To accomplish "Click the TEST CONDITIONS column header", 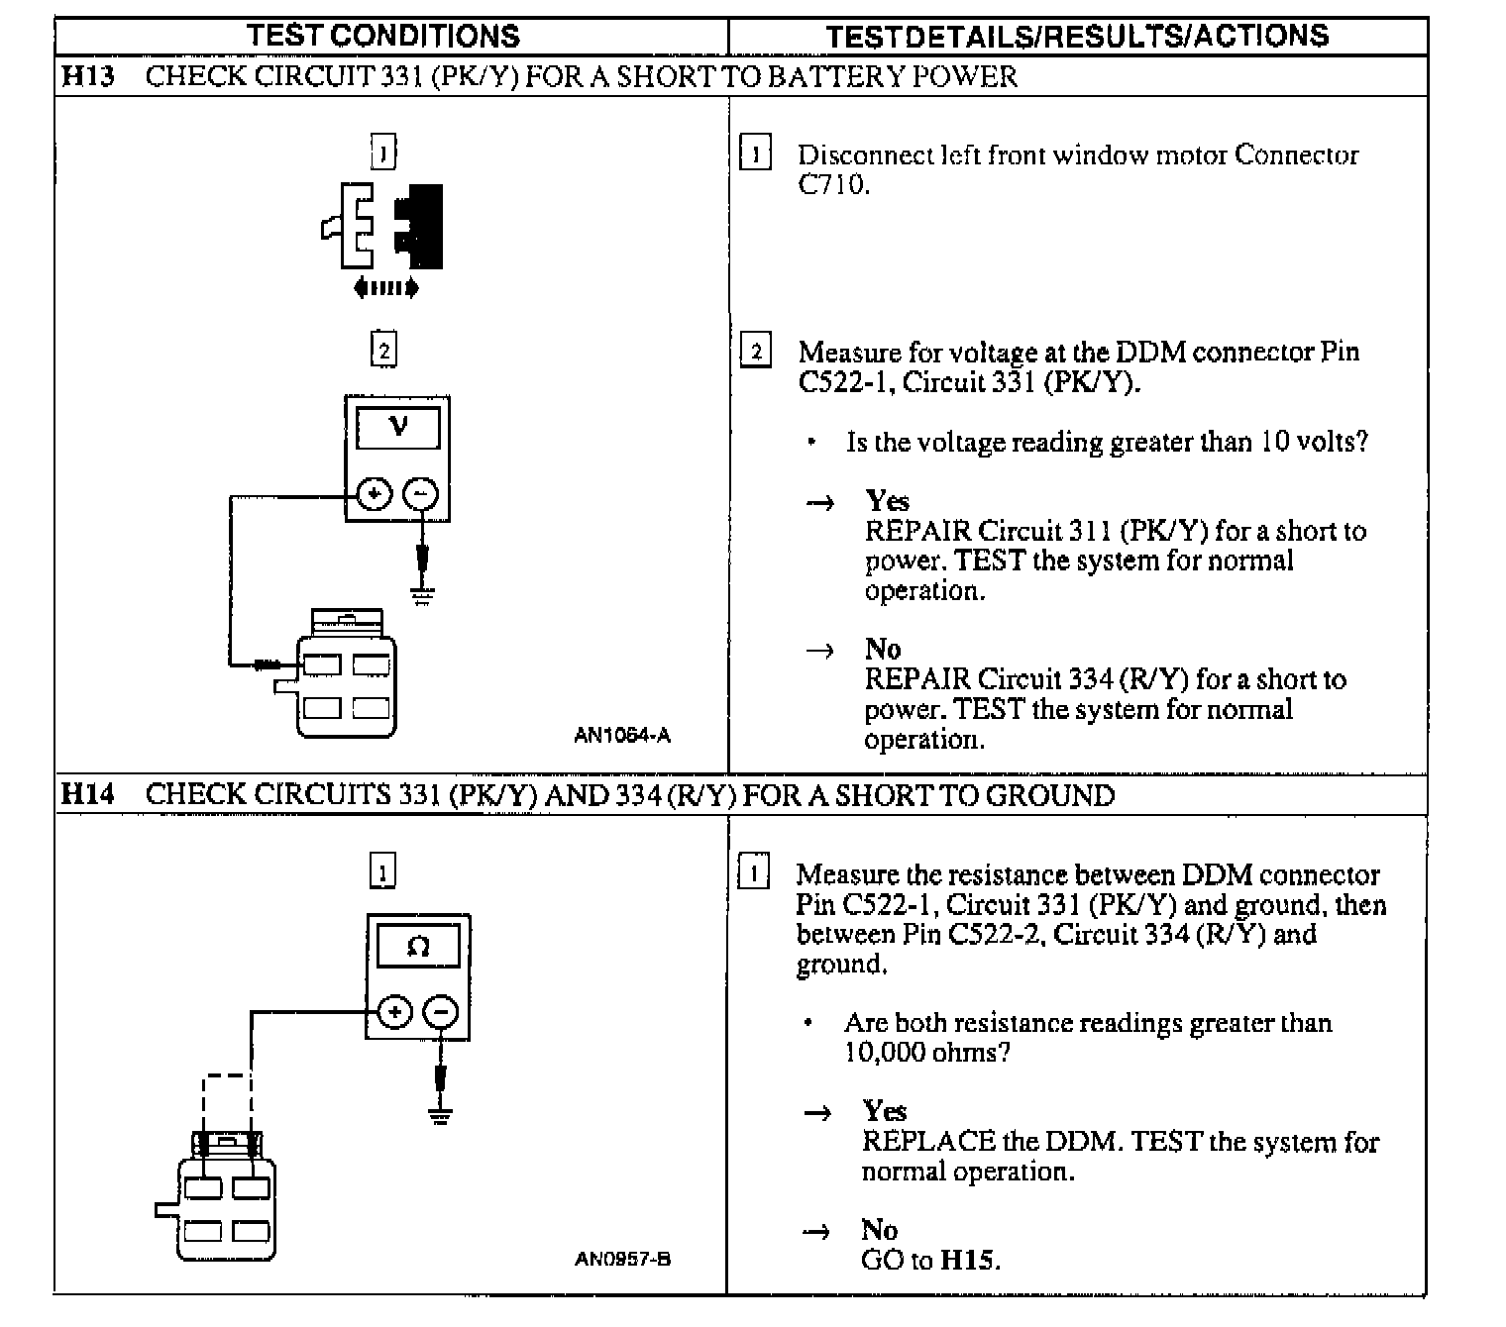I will pos(383,36).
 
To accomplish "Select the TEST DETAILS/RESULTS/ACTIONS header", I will pos(1077,37).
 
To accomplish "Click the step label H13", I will pos(87,76).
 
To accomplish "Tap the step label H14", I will pos(87,794).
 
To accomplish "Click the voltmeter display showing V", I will pos(397,427).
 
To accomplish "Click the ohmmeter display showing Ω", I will pos(418,947).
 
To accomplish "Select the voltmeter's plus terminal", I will pos(374,494).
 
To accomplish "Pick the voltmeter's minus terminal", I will pos(421,494).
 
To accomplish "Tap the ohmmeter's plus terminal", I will pos(394,1012).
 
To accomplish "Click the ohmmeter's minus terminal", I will pos(441,1012).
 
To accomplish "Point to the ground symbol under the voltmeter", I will pos(423,595).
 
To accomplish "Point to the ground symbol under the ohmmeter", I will pos(441,1115).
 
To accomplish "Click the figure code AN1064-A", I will pos(622,735).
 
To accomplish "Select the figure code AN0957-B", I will pos(622,1260).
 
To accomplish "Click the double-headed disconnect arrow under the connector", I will pos(386,288).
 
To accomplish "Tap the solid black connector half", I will pos(420,227).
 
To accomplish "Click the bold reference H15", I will pos(969,1260).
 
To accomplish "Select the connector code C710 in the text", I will pos(831,184).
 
